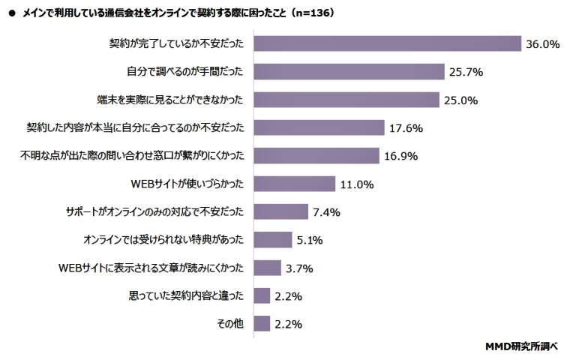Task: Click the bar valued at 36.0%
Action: (387, 44)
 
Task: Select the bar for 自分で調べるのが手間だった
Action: (349, 72)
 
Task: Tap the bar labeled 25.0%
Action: (346, 100)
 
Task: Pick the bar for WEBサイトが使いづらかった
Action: (294, 184)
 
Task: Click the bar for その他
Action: (262, 323)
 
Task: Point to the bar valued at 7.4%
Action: (281, 211)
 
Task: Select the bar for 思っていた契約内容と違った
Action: (262, 295)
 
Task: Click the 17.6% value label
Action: (406, 128)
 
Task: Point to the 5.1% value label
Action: (310, 240)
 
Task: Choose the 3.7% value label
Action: (299, 268)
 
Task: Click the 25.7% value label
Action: (465, 72)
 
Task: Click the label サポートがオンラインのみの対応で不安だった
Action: (157, 211)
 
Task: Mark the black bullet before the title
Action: (11, 13)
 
